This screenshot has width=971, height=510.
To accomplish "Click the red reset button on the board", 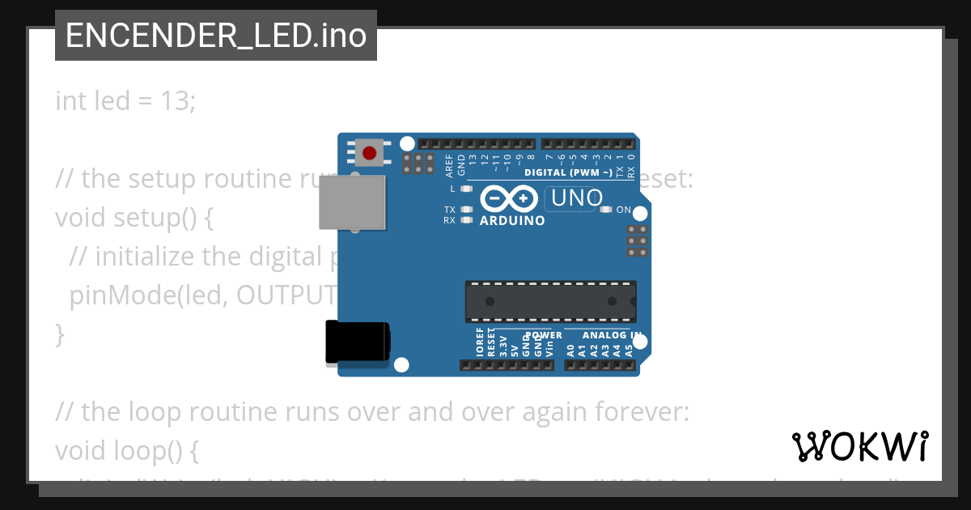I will [x=370, y=152].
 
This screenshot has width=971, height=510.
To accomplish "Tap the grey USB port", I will [x=351, y=202].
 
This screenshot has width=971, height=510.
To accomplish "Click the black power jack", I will [x=357, y=342].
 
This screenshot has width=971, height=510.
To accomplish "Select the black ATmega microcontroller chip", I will [x=550, y=301].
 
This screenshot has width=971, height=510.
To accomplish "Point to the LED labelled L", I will [x=465, y=189].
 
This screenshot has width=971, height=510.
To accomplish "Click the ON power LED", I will [x=606, y=210].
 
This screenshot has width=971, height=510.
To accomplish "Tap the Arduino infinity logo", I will [x=509, y=198].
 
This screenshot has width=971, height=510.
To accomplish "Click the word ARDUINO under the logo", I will [x=512, y=220].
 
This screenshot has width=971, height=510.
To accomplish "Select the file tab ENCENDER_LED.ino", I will [x=216, y=36].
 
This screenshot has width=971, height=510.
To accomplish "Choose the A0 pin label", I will [x=570, y=350].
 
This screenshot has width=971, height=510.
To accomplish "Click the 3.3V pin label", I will [x=502, y=346].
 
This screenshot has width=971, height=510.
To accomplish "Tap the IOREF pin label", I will [x=480, y=342].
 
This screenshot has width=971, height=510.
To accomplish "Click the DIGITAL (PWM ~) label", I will [x=568, y=172].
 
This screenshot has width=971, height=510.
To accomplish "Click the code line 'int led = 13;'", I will [x=125, y=101].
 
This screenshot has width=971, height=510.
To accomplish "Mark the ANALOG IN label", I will [x=613, y=335].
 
